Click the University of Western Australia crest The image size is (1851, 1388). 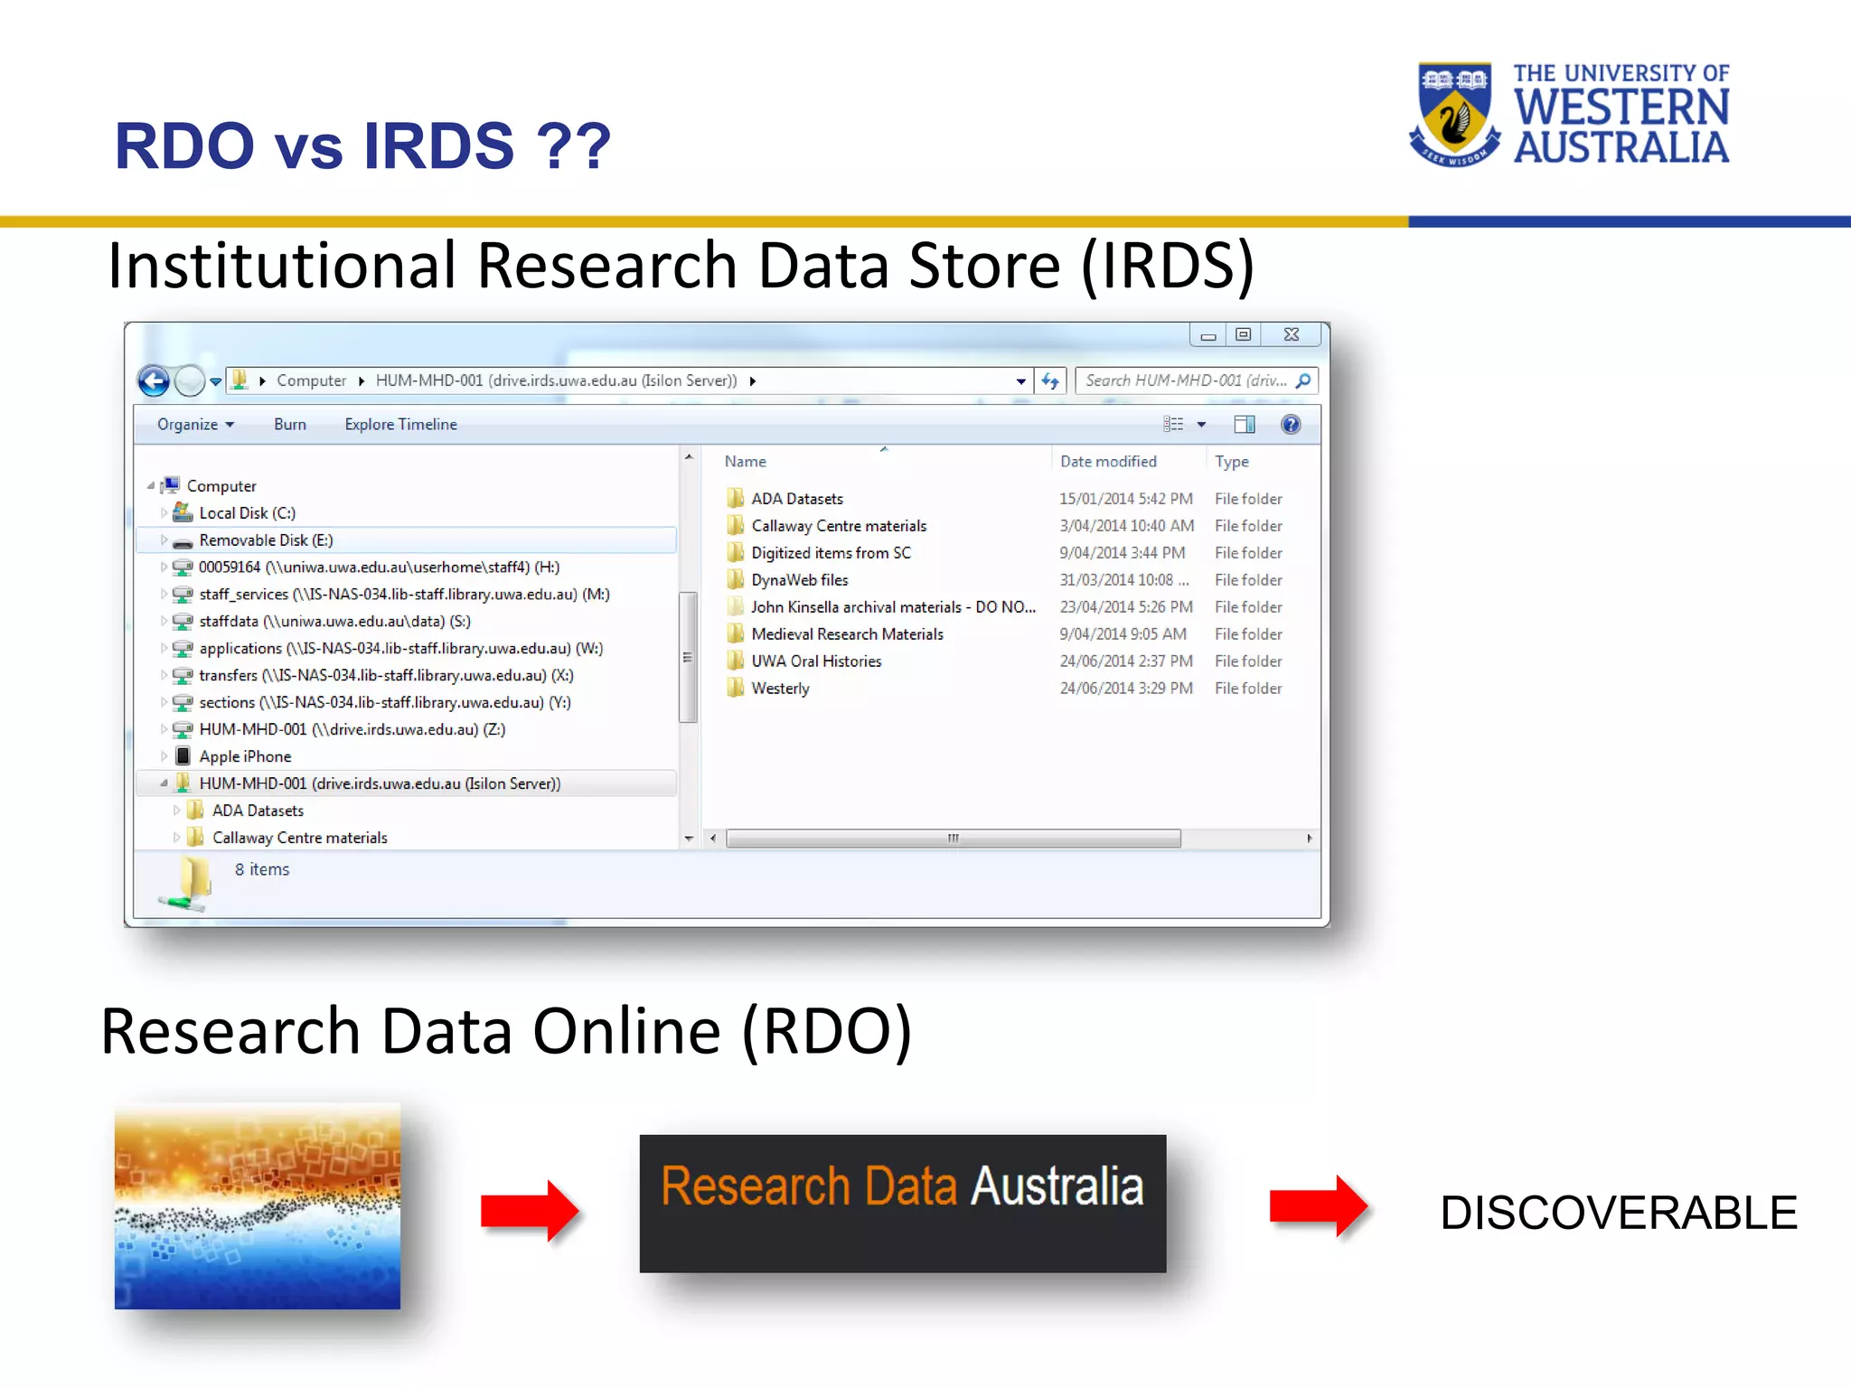1454,113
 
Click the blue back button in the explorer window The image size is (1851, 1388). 154,381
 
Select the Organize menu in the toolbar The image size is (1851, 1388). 194,425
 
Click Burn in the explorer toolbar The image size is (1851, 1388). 289,425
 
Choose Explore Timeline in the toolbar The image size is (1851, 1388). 400,425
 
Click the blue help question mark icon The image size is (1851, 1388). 1291,425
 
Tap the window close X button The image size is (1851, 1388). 1292,335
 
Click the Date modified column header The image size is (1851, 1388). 1108,462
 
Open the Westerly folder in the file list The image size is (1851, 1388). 780,689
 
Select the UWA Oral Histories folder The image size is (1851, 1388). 816,661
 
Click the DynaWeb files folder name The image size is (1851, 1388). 800,580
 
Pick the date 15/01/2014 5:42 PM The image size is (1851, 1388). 1125,499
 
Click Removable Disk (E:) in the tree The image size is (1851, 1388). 266,540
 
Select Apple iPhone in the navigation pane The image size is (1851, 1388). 245,756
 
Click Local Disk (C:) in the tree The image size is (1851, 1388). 247,513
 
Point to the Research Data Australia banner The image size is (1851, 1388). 902,1203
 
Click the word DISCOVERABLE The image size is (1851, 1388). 1618,1213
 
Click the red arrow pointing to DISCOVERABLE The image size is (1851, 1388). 1318,1206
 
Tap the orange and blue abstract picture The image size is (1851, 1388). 258,1205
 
